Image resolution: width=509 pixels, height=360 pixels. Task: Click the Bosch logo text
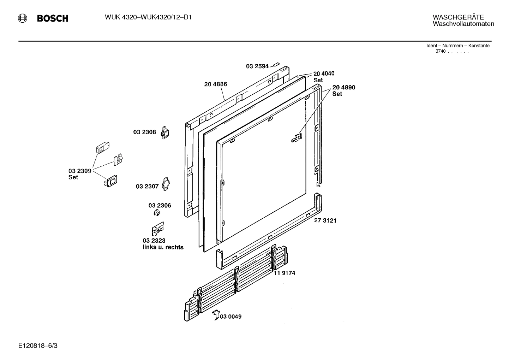coord(53,19)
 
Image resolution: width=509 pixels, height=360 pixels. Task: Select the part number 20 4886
coord(215,84)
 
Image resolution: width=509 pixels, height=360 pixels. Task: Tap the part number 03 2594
coord(257,66)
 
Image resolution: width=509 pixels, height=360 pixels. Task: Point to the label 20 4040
coord(324,73)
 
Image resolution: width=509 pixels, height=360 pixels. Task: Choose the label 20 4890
coord(343,87)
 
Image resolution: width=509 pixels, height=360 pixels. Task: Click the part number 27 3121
coord(325,220)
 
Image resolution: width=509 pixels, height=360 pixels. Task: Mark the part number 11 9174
coord(284,273)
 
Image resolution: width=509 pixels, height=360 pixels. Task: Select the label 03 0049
coord(231,317)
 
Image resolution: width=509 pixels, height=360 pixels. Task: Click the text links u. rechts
coord(163,247)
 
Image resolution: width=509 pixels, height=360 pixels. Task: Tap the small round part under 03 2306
coord(157,213)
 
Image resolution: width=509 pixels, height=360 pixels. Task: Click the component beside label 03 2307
coord(166,184)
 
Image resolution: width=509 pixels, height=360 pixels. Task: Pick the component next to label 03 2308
coord(165,132)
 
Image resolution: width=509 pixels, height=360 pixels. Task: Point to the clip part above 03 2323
coord(157,229)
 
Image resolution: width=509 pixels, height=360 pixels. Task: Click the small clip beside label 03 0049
coord(216,315)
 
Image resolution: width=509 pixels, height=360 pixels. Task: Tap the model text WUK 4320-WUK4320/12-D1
coord(148,17)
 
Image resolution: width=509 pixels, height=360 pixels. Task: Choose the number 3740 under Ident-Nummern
coord(441,51)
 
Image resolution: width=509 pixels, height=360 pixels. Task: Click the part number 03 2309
coord(80,171)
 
